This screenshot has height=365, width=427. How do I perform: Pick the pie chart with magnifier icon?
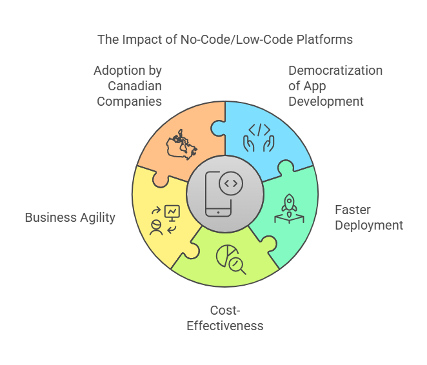click(x=229, y=258)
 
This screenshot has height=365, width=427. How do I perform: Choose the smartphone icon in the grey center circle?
click(x=218, y=193)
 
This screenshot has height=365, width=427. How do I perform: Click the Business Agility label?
click(x=70, y=217)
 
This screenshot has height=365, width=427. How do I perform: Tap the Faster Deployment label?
click(x=368, y=217)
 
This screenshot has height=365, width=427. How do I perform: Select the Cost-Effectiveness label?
click(x=224, y=318)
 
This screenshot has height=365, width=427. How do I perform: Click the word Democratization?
click(x=335, y=70)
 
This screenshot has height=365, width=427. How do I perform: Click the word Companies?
click(x=129, y=101)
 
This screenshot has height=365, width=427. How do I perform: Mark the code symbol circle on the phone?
click(x=230, y=184)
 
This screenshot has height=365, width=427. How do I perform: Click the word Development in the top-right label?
click(x=326, y=101)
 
